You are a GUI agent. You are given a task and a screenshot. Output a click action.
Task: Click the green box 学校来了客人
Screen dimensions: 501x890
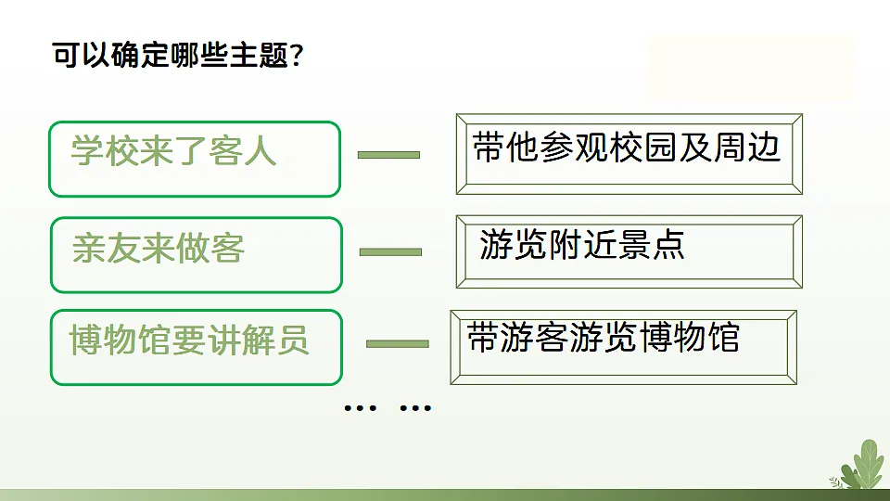click(195, 159)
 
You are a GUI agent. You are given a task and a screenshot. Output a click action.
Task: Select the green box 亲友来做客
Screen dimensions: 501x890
click(196, 254)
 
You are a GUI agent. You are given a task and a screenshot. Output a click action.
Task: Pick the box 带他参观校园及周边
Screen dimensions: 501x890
click(629, 153)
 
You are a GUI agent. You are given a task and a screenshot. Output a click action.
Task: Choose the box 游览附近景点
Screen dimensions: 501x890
click(629, 251)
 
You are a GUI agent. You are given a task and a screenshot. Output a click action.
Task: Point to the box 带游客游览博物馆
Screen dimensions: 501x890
click(623, 347)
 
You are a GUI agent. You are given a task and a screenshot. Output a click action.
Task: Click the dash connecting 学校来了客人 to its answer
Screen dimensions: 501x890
click(388, 154)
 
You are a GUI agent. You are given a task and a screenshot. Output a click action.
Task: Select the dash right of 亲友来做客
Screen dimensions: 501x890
click(390, 251)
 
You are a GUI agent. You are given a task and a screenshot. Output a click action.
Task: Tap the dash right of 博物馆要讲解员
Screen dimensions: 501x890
click(398, 344)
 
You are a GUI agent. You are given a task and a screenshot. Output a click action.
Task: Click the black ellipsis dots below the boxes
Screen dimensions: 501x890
click(388, 406)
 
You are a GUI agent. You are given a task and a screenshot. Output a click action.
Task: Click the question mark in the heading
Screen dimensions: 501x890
click(297, 57)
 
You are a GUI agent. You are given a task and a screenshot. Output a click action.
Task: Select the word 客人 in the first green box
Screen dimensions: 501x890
click(243, 150)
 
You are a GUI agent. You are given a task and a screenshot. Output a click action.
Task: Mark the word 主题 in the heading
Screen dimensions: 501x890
click(252, 57)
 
